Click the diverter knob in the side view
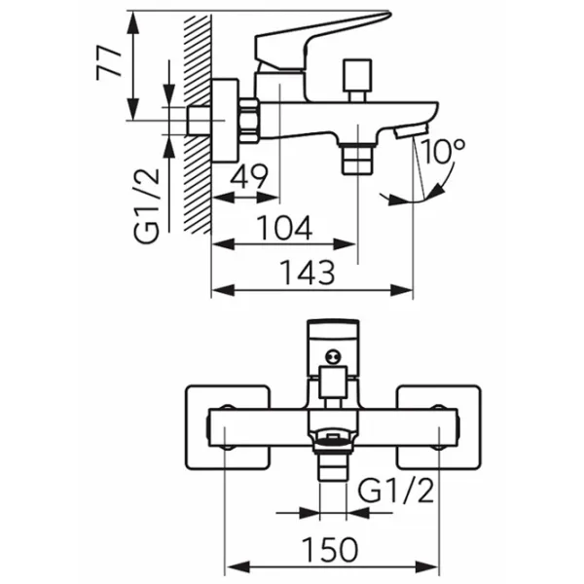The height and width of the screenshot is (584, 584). [x=356, y=74]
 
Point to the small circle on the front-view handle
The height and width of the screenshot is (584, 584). [x=334, y=358]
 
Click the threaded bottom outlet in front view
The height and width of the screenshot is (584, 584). [x=334, y=457]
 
